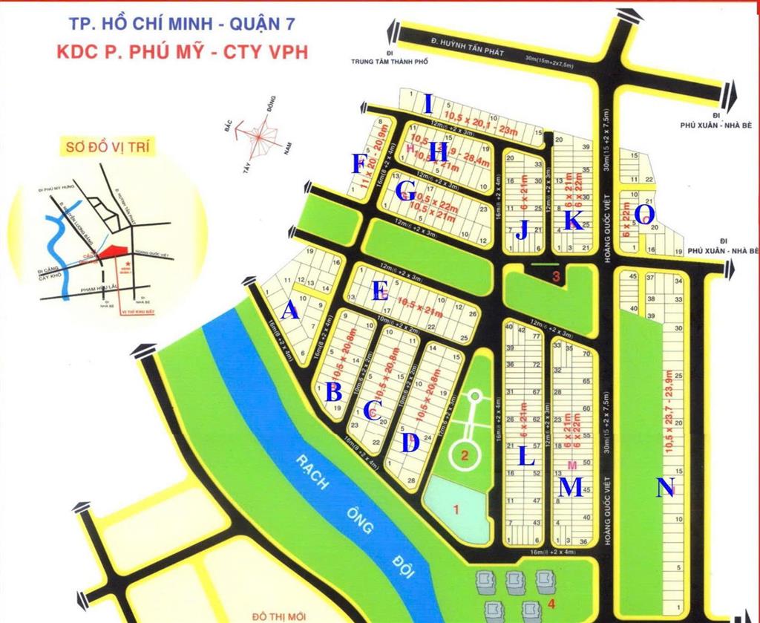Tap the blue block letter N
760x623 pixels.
[x=666, y=488]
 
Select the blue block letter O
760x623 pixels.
[x=645, y=215]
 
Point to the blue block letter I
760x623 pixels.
[x=427, y=103]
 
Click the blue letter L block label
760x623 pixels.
[x=525, y=456]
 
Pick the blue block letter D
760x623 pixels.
[x=410, y=443]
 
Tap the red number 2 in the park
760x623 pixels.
[x=465, y=455]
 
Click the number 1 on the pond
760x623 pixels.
[x=456, y=509]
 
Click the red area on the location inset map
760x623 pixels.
[x=114, y=253]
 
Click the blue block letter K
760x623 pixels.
[x=572, y=221]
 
